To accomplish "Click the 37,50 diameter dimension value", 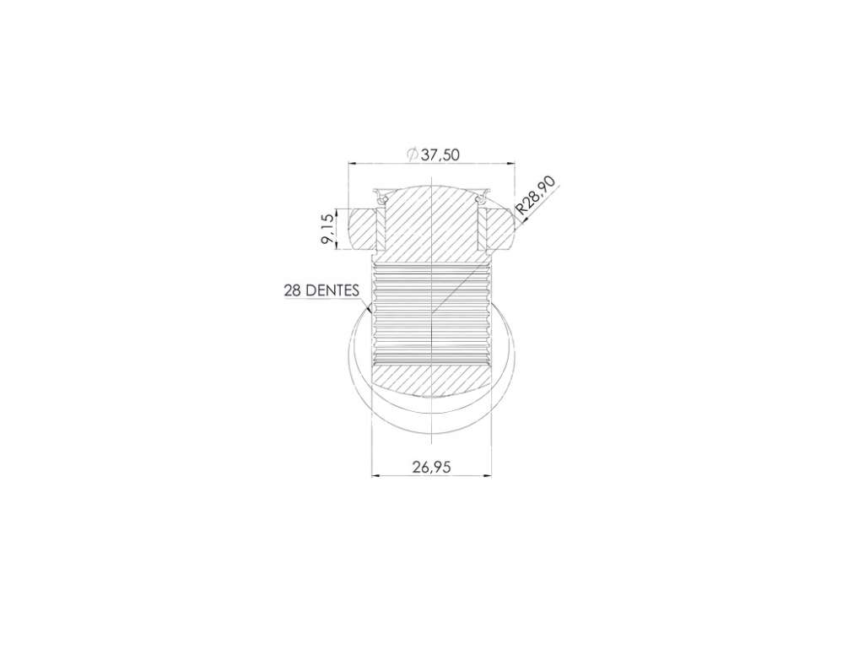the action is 440,155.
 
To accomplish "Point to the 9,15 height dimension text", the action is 327,230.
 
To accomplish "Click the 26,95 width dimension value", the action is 431,467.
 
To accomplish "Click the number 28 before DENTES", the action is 292,290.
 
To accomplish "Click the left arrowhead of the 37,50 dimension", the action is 352,163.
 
